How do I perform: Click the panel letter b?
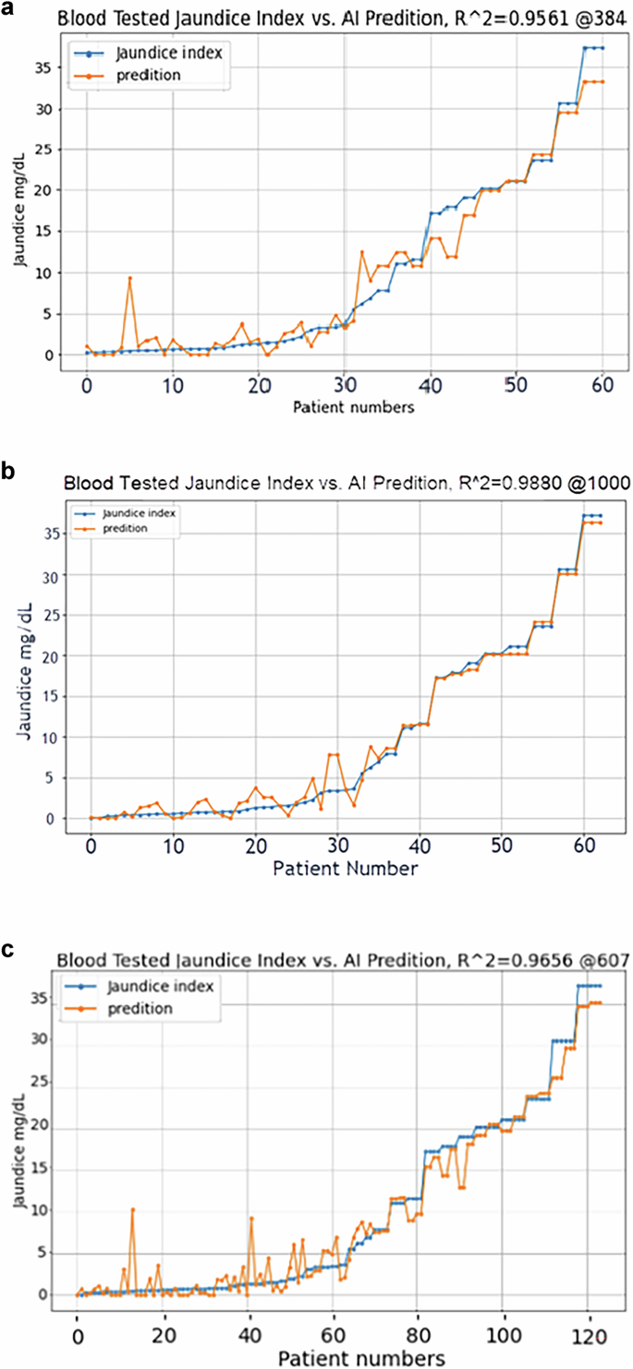tap(9, 472)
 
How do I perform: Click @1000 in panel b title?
tap(602, 482)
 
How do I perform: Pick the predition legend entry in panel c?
tap(140, 1009)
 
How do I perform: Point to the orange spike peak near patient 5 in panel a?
tap(130, 278)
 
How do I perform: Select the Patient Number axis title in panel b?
tap(344, 869)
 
